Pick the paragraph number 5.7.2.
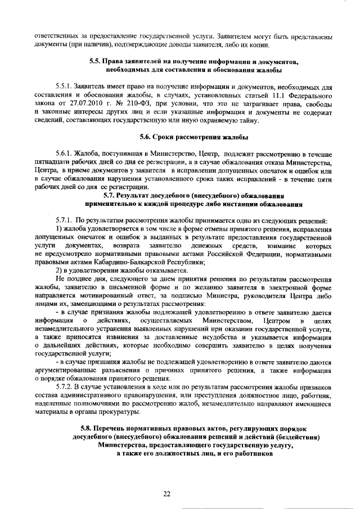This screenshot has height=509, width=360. point(65,388)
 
